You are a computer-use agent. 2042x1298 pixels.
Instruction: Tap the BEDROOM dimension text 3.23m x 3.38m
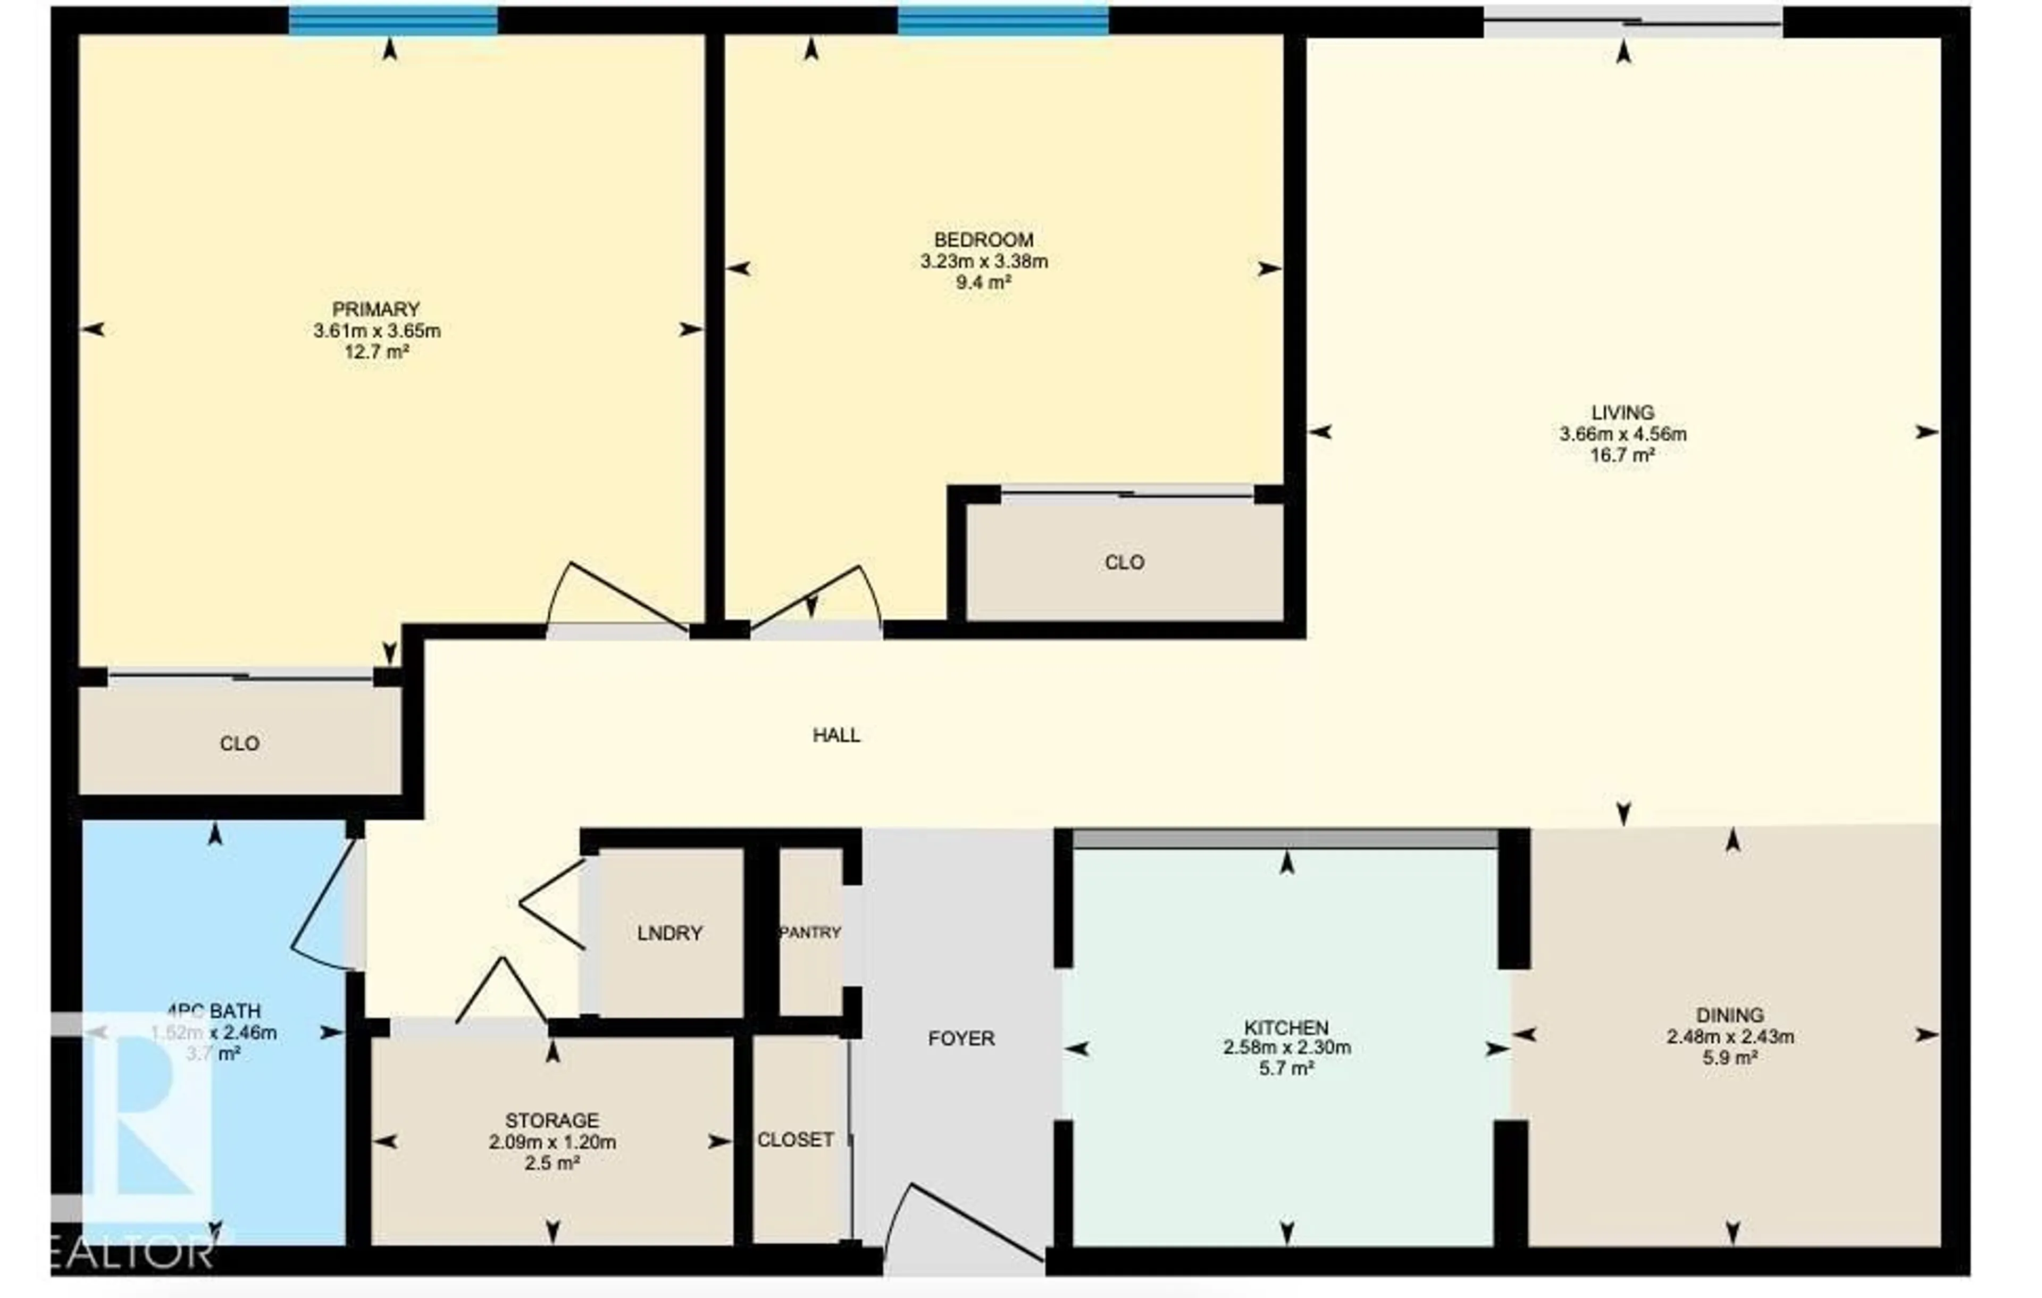tap(984, 261)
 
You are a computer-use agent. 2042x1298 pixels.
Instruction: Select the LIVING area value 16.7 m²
tap(1622, 455)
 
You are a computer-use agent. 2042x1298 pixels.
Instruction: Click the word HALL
tap(836, 735)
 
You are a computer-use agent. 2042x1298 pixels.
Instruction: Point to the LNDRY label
tap(669, 933)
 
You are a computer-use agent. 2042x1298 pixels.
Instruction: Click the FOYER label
tap(961, 1039)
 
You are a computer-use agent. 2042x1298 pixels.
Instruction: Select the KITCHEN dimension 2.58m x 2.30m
tap(1286, 1048)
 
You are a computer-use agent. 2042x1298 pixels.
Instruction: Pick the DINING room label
tap(1730, 1015)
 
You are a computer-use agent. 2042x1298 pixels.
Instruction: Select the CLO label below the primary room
tap(239, 743)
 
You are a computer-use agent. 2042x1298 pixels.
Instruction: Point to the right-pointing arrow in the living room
tap(1927, 432)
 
